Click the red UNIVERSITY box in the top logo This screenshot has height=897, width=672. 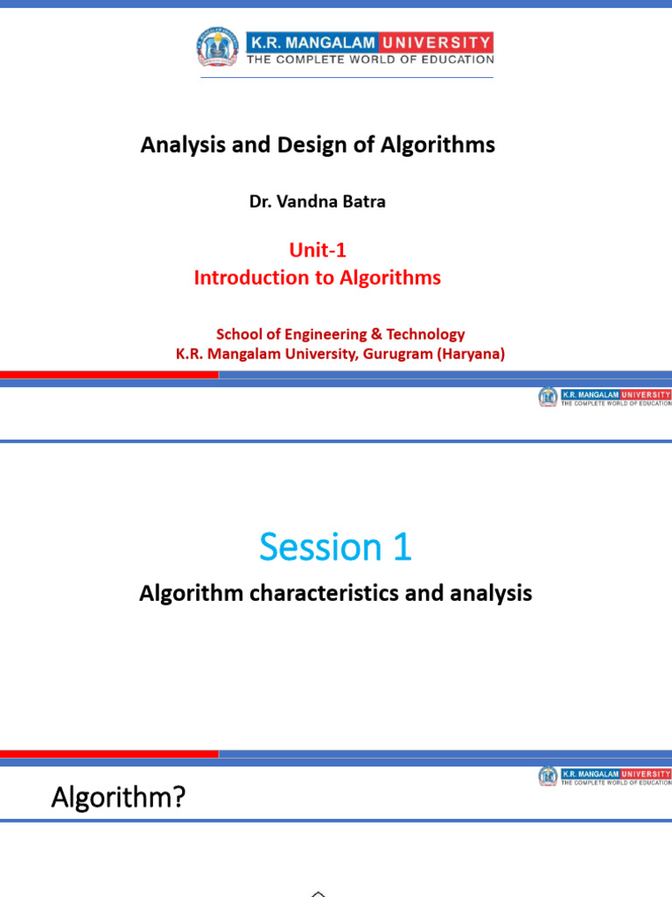443,41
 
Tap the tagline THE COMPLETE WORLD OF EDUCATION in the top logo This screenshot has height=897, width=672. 370,60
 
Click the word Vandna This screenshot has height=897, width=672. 306,201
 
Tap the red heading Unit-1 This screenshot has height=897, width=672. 318,251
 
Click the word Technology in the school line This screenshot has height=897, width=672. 425,335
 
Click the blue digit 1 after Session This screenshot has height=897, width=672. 402,548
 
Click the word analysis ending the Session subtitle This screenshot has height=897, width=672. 491,594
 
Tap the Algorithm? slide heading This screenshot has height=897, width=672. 118,798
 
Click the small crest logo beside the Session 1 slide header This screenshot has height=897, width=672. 548,397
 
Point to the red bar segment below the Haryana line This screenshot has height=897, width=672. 108,374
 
